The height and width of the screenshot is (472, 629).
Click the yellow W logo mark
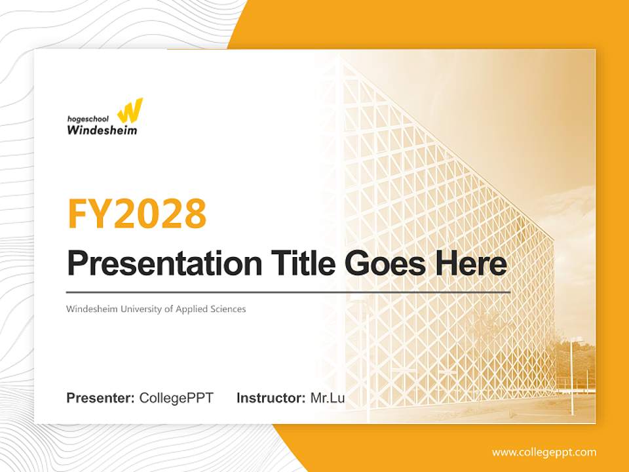tap(132, 111)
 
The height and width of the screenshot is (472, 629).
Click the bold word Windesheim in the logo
tap(102, 130)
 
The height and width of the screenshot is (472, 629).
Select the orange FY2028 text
tap(137, 213)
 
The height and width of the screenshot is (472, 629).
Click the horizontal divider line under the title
tap(288, 292)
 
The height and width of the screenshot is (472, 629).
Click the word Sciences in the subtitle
tap(227, 309)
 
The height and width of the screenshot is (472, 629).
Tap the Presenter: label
tap(101, 398)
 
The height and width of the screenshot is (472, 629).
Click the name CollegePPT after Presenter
tap(176, 398)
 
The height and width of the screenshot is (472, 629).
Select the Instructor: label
tap(271, 398)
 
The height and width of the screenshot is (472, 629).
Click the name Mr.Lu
tap(328, 398)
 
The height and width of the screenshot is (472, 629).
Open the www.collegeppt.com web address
tap(544, 452)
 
